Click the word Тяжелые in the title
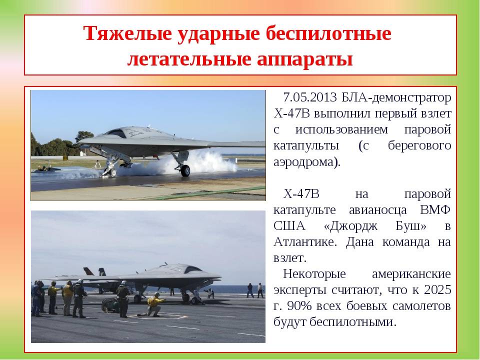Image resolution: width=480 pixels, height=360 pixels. pos(127,33)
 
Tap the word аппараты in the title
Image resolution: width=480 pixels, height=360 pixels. pos(305,59)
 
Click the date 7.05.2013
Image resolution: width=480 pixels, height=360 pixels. pos(310,97)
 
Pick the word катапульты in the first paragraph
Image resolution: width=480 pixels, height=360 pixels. pos(306,145)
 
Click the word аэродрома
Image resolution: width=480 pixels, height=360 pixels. pos(306,162)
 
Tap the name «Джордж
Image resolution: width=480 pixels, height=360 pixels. pos(350,226)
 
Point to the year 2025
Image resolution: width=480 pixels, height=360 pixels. pos(437,289)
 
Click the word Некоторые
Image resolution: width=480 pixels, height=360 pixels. pos(314,273)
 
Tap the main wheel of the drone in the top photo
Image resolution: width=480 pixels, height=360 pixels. pos(185,171)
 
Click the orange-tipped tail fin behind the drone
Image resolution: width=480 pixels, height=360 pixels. pos(89,271)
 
